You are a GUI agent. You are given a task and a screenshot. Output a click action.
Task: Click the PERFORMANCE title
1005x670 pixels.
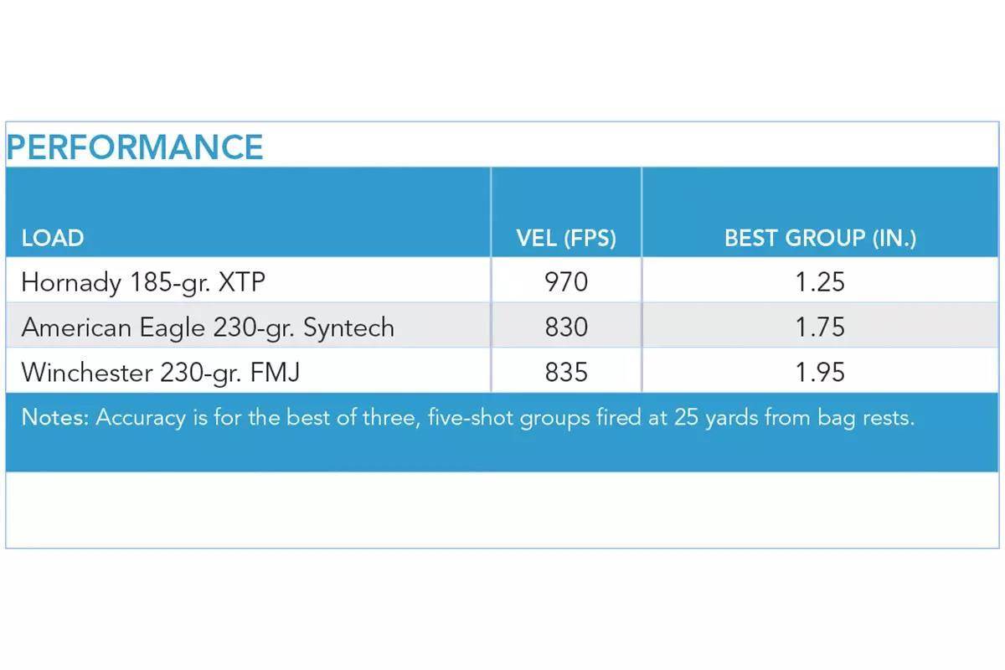coord(135,147)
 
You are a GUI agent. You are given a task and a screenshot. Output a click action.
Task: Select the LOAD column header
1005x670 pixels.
coord(53,238)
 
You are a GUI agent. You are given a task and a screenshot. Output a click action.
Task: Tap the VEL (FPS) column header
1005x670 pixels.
coord(566,238)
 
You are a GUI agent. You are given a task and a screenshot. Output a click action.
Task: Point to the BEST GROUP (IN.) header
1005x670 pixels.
coord(820,238)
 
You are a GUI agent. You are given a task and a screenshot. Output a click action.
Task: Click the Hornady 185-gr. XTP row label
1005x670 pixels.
coord(143,282)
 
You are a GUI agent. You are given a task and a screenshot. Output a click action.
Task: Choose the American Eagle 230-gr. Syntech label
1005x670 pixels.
coord(208,327)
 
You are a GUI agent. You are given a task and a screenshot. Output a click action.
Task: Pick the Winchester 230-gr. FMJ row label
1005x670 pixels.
coord(160,372)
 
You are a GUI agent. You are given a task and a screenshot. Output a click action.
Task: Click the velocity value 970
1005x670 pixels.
coord(566,282)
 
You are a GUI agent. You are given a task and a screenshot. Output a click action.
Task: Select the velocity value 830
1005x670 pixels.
coord(566,327)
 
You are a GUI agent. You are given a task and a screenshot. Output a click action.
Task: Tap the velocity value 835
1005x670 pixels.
coord(566,372)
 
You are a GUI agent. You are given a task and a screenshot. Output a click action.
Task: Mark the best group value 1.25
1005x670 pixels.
coord(820,282)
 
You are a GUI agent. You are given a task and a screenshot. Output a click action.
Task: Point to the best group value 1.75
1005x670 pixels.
coord(820,327)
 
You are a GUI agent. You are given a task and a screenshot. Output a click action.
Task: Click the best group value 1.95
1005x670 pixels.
coord(820,372)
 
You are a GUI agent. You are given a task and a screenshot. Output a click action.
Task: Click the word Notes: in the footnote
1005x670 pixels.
coord(55,417)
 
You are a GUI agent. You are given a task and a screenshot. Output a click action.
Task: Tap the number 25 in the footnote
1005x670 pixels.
coord(687,417)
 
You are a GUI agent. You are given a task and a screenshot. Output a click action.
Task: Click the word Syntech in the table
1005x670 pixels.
coord(348,328)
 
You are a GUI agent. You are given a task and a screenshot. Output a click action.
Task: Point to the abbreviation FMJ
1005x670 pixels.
coord(275,372)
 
